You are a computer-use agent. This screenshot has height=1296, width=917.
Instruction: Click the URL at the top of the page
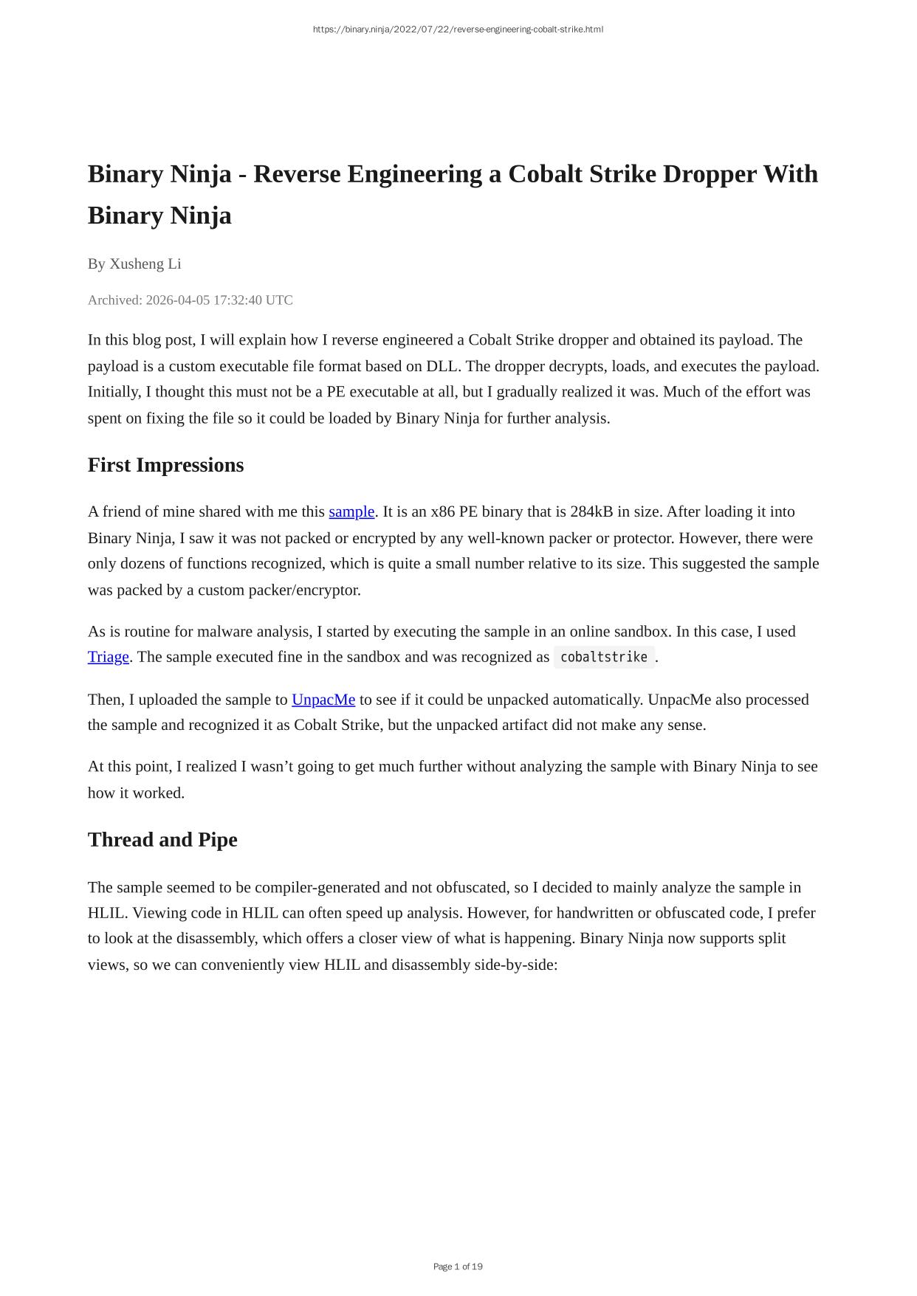point(458,30)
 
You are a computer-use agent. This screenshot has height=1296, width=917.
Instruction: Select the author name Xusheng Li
point(145,264)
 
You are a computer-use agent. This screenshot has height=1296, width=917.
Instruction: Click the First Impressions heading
point(165,465)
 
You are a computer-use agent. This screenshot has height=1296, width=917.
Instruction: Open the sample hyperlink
point(351,512)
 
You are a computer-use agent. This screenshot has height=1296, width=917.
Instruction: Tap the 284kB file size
point(591,512)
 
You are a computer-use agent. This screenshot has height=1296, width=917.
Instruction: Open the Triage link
point(109,657)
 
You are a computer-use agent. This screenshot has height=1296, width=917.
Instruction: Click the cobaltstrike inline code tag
point(604,657)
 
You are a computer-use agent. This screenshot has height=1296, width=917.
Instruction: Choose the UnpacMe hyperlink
point(323,700)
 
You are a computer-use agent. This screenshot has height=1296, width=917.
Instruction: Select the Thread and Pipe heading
point(162,840)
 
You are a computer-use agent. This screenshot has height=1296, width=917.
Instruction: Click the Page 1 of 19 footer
point(458,1266)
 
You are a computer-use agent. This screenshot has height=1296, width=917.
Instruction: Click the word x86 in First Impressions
point(442,512)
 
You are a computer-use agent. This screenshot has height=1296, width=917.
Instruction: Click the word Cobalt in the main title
point(540,174)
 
